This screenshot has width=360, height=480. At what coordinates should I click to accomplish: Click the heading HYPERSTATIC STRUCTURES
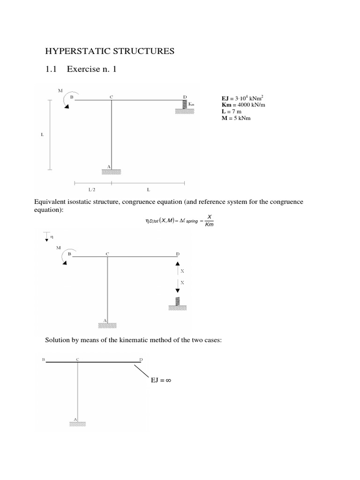[x=109, y=51]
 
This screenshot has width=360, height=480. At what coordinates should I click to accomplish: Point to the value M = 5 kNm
[x=236, y=119]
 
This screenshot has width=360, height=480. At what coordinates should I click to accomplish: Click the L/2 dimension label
[x=91, y=190]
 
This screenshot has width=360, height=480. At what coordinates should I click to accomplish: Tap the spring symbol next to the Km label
[x=185, y=105]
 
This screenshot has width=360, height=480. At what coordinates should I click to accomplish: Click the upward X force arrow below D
[x=178, y=270]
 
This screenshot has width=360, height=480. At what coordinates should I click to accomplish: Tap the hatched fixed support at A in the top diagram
[x=111, y=172]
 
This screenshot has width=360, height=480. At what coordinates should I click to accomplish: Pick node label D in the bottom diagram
[x=141, y=360]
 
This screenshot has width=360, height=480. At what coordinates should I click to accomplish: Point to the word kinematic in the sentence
[x=140, y=339]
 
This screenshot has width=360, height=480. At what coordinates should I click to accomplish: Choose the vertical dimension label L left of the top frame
[x=42, y=135]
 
